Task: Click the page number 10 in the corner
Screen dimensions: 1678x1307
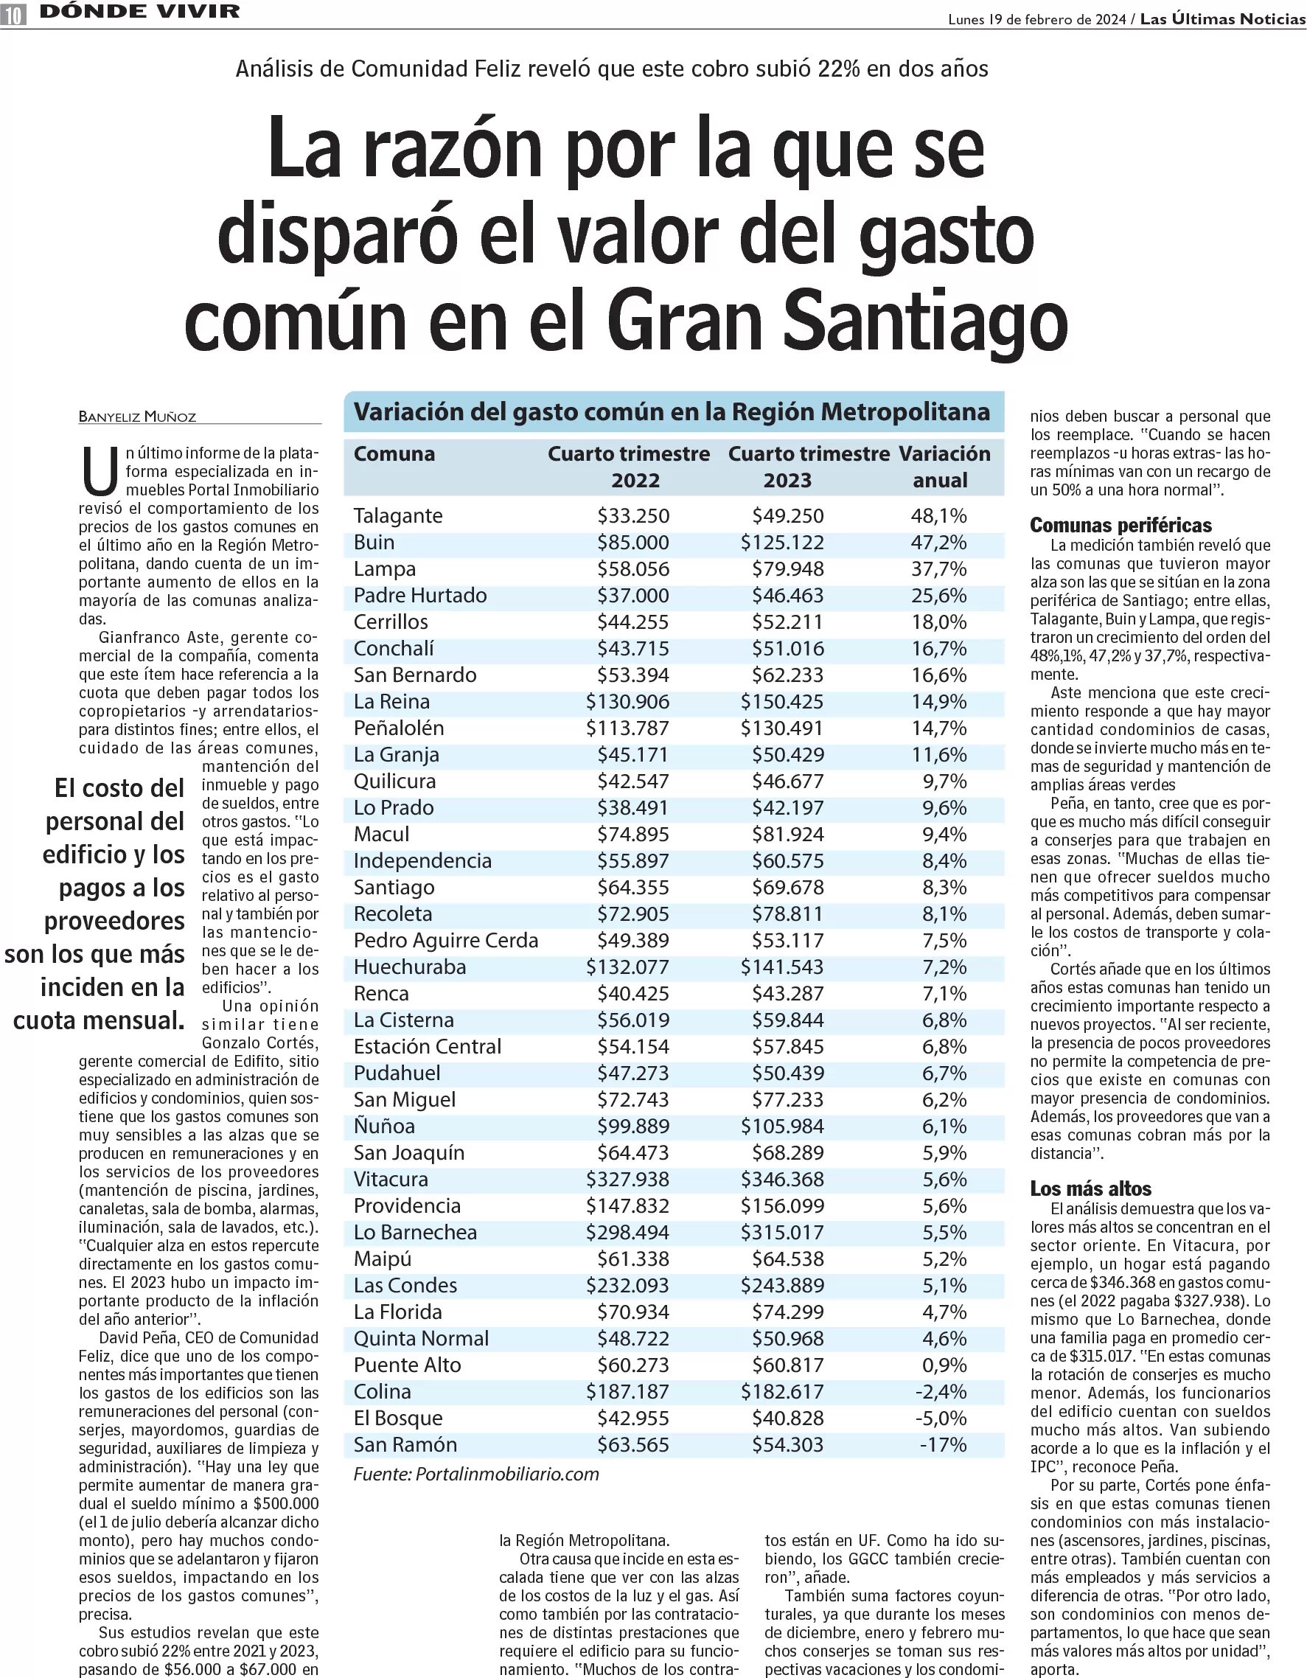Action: (13, 14)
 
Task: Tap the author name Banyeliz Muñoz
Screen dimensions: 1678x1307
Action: (138, 417)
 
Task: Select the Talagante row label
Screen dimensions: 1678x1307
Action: (398, 515)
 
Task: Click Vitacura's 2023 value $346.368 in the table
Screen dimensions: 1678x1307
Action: (782, 1179)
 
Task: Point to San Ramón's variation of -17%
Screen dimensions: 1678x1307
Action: (944, 1444)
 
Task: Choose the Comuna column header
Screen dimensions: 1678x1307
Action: (394, 454)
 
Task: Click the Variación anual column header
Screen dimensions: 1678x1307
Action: (944, 467)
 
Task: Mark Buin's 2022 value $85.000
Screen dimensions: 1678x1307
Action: (633, 543)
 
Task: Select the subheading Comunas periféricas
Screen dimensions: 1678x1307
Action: (1120, 526)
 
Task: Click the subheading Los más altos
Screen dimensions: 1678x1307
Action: (1090, 1188)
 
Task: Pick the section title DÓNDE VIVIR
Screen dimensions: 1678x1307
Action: (140, 12)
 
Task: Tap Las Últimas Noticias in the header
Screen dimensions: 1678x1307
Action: (1222, 19)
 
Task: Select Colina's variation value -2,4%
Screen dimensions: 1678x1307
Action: (941, 1391)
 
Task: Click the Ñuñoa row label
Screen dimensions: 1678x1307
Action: (384, 1126)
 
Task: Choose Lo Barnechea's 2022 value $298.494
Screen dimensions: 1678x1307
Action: (627, 1232)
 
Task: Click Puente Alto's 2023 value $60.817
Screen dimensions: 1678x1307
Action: (787, 1365)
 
